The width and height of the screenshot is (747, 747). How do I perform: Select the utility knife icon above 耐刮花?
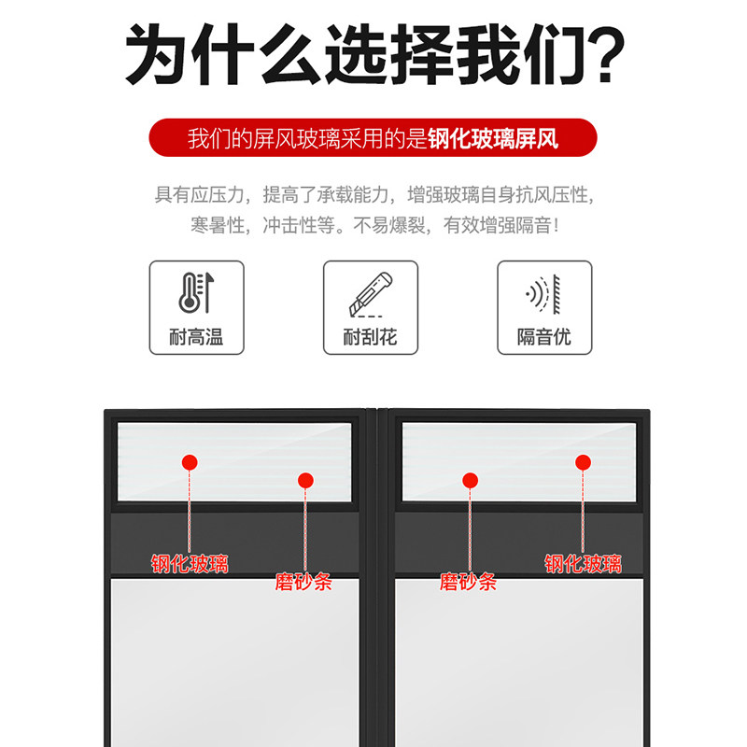[370, 293]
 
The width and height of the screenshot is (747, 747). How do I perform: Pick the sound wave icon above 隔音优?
[543, 293]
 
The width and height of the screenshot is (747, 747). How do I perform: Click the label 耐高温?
[197, 337]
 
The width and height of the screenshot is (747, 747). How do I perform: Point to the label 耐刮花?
[370, 337]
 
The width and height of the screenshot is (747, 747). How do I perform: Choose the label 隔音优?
[543, 337]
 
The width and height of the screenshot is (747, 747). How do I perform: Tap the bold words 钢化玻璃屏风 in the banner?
[493, 139]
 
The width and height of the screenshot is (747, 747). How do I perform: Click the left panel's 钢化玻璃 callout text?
[190, 564]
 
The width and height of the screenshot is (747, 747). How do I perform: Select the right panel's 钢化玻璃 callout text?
[584, 564]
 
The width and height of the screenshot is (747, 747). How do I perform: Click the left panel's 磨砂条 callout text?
[303, 583]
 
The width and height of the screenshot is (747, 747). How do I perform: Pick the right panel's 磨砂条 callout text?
[469, 583]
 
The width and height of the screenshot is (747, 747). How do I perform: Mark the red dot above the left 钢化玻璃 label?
[190, 461]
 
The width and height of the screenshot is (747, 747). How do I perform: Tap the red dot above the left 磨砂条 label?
[305, 480]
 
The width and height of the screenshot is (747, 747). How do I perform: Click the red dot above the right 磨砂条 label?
[470, 480]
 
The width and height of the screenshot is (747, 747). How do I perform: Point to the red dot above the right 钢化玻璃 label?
[584, 461]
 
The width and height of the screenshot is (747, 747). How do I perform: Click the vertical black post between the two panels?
[376, 579]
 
